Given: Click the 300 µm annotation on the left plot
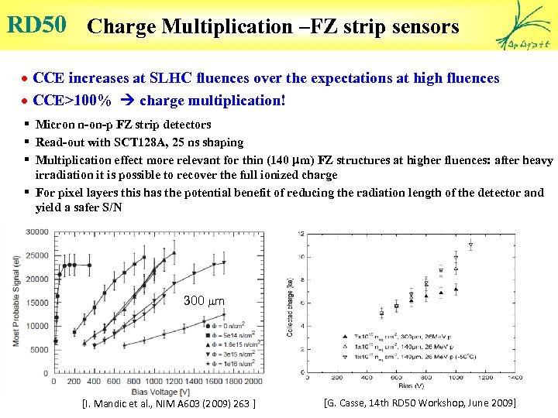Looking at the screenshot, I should pos(204,300).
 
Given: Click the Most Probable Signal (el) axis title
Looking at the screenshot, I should pos(15,303).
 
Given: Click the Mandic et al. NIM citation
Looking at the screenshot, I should pos(168,403).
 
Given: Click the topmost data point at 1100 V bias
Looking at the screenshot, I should pos(470,246).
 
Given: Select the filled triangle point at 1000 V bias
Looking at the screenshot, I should pos(456,290).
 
